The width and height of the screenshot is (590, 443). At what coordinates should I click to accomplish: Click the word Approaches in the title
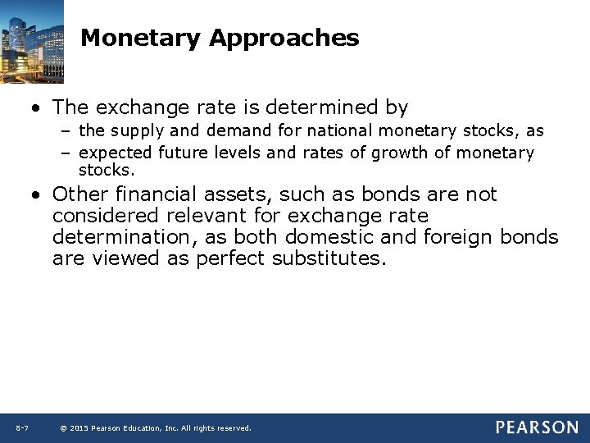[x=284, y=38]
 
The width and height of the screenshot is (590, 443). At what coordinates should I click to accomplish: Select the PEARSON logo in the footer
[x=536, y=427]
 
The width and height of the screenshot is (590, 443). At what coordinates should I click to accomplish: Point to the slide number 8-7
[x=22, y=428]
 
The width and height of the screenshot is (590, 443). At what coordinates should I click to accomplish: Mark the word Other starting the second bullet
[x=80, y=194]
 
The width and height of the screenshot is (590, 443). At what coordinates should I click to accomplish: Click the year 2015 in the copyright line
[x=80, y=428]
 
